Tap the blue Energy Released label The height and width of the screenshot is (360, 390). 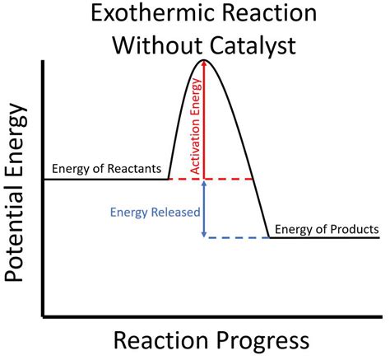(x=155, y=212)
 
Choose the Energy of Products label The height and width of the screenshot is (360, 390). (x=327, y=228)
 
